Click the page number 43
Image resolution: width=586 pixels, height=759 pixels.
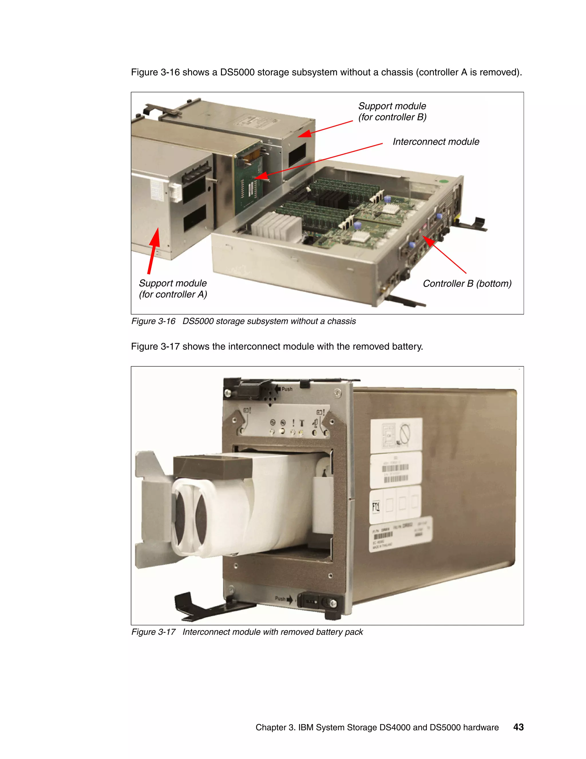(518, 727)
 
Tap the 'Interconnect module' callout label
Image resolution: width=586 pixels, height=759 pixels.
(436, 142)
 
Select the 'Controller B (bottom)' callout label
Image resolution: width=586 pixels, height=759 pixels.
(467, 284)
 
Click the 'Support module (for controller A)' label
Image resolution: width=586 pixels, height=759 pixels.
(173, 289)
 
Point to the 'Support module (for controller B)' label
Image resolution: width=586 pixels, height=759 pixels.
(392, 111)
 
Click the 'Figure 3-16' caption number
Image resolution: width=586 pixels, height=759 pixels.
(153, 321)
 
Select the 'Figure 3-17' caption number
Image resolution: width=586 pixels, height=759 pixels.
(153, 632)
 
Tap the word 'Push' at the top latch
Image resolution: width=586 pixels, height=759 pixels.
(287, 389)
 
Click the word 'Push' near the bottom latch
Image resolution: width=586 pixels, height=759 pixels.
(280, 598)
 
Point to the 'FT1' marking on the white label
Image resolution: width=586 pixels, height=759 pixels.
(376, 506)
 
